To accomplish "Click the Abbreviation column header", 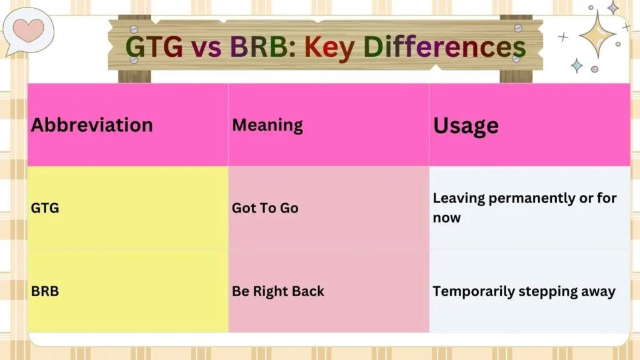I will (92, 124).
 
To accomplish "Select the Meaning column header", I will (267, 124).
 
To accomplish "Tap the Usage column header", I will (466, 125).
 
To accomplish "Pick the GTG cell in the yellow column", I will (45, 208).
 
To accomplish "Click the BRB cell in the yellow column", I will (45, 291).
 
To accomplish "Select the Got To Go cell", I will (265, 208).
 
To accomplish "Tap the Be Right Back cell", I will (278, 291).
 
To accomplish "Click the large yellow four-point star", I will (598, 34).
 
